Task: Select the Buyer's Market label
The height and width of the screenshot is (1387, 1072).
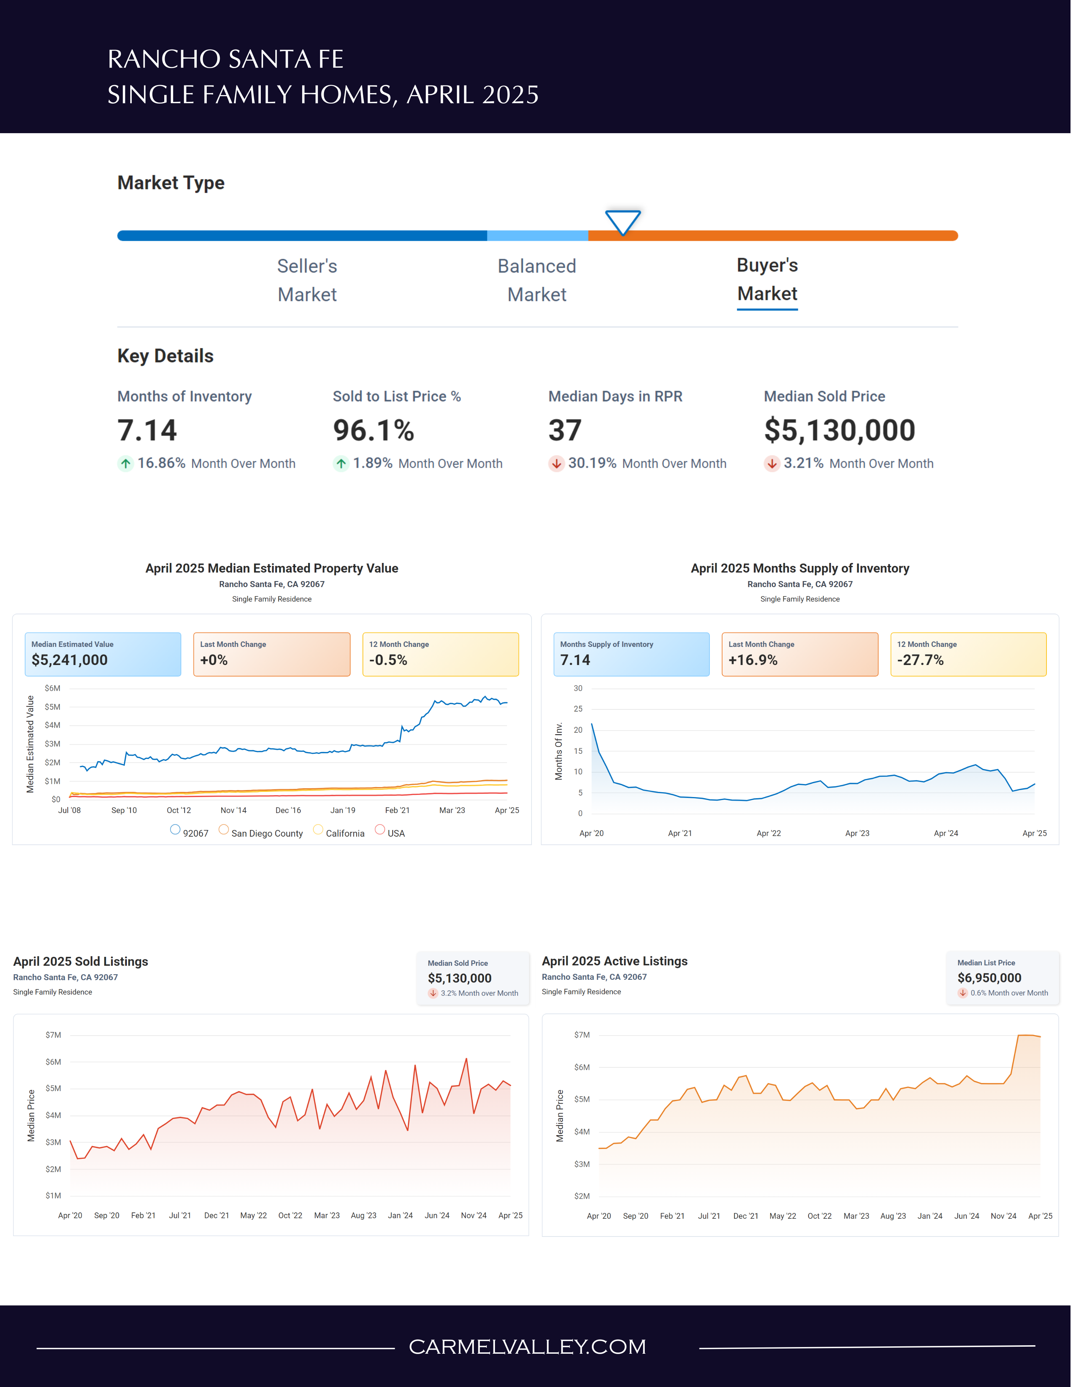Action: click(767, 279)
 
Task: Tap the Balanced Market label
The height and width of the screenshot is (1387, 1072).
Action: click(537, 280)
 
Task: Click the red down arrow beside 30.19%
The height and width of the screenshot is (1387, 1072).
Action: click(556, 463)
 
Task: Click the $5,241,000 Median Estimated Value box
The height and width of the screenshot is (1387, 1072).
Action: click(103, 654)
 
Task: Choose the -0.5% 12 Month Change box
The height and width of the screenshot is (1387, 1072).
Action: click(441, 654)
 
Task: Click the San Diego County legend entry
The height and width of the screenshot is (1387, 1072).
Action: click(261, 833)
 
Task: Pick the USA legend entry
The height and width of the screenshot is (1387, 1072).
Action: click(390, 833)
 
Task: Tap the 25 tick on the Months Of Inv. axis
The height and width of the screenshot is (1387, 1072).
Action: click(578, 709)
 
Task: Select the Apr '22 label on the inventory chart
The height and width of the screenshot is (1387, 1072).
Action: click(768, 833)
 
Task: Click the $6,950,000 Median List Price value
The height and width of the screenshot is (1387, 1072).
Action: click(990, 978)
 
